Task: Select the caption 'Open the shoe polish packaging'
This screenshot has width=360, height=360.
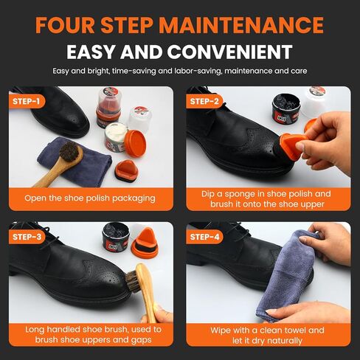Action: tap(91, 198)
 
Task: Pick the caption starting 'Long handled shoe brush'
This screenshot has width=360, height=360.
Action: tap(91, 335)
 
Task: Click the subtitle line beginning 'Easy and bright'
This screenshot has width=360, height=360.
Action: tap(179, 72)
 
